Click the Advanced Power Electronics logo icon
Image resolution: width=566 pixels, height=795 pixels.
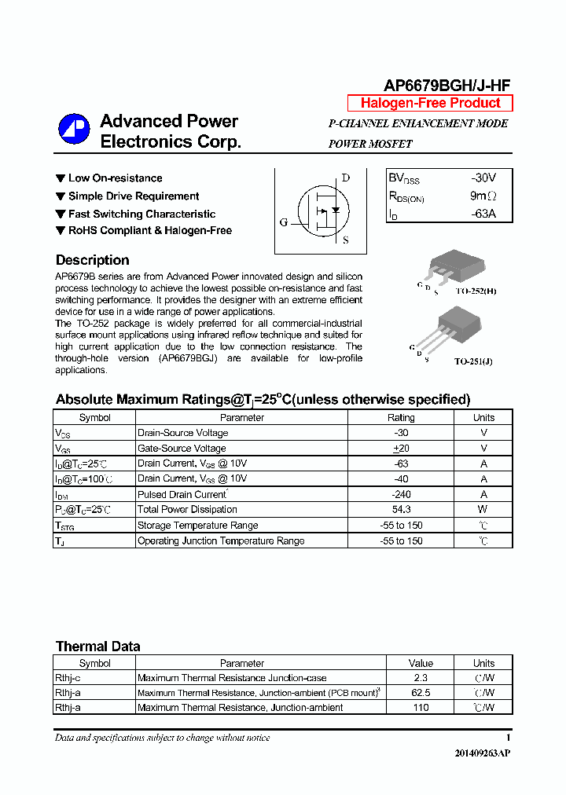tap(75, 130)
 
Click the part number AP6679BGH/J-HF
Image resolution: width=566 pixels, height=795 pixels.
tap(447, 86)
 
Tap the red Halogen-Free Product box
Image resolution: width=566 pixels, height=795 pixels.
tap(430, 103)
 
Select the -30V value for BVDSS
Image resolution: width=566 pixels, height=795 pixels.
tap(483, 178)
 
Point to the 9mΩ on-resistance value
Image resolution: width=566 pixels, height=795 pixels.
tap(483, 196)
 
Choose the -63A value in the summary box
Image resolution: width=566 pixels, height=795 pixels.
tap(483, 213)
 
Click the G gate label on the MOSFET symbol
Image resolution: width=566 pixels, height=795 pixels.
tap(284, 222)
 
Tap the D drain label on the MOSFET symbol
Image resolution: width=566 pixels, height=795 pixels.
tap(345, 178)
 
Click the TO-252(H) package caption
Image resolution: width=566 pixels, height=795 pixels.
tap(475, 291)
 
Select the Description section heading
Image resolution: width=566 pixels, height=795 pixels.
tap(92, 260)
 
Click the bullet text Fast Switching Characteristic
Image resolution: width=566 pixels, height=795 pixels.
tap(141, 214)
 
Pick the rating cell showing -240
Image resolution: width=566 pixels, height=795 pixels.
tap(401, 494)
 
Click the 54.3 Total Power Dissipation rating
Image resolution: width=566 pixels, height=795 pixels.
tap(401, 509)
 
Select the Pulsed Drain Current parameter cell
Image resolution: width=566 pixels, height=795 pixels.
tap(182, 494)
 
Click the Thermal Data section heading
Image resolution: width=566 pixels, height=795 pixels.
tap(97, 647)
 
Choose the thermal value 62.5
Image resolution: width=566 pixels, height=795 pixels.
tap(421, 693)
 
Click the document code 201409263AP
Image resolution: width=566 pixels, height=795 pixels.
tap(482, 753)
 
